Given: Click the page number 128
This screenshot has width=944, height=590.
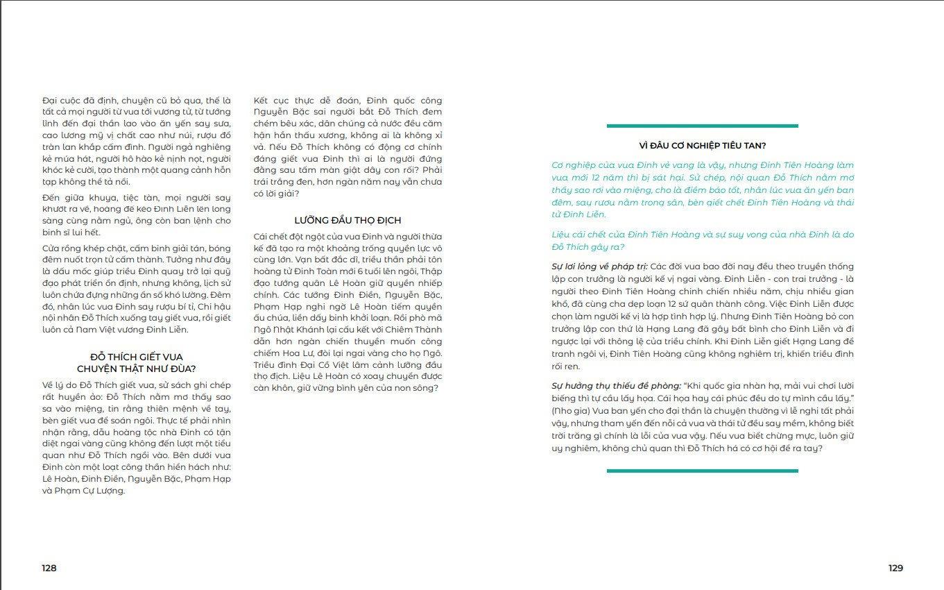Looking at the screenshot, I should [x=49, y=568].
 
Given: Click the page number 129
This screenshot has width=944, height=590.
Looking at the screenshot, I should [x=895, y=568].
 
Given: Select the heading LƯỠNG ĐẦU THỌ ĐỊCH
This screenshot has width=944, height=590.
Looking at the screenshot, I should [x=347, y=220].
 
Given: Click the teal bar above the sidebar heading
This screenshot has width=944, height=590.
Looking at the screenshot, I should [x=702, y=126].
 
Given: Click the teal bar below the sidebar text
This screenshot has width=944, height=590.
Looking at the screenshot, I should [x=702, y=471].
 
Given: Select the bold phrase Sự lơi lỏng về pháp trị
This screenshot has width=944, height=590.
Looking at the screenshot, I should [x=599, y=267].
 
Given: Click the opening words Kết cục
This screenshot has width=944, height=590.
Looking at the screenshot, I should [x=272, y=101].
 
